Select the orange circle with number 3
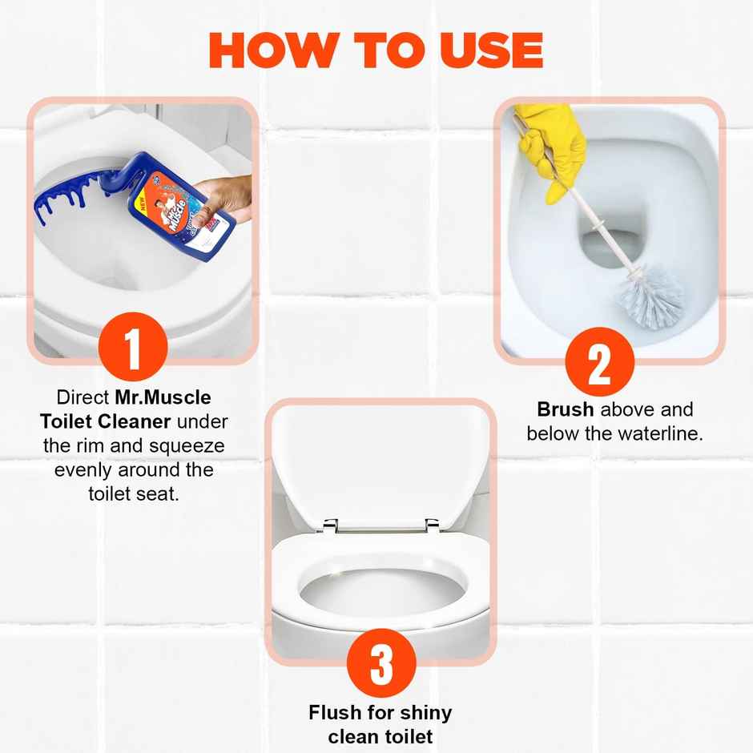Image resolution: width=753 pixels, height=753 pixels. click(x=381, y=664)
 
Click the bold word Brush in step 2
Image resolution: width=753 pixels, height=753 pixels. click(x=565, y=410)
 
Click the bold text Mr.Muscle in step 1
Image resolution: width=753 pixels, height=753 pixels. click(x=163, y=397)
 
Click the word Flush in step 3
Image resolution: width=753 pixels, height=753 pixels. click(x=333, y=712)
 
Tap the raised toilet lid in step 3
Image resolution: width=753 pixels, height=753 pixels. click(x=381, y=465)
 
